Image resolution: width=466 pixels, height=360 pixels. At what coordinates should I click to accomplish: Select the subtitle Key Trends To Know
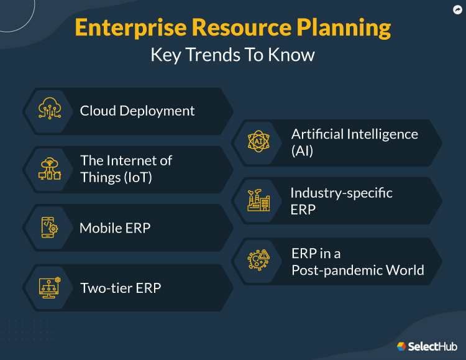(232, 55)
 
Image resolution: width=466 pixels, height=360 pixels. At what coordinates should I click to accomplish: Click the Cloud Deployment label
(137, 111)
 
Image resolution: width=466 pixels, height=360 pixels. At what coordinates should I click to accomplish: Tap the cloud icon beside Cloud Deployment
(50, 111)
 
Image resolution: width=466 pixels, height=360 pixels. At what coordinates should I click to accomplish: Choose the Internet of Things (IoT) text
(126, 168)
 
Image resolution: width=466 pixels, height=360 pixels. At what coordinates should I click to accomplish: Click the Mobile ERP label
(115, 228)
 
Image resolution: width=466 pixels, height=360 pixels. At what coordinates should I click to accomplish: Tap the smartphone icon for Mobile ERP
(50, 228)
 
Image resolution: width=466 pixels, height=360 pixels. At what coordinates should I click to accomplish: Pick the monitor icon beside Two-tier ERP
(50, 287)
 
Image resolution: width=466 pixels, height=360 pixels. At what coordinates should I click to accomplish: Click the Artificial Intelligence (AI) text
(355, 142)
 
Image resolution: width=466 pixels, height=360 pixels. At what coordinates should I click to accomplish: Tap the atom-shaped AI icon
(258, 142)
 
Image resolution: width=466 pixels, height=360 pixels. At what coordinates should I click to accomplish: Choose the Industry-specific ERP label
(341, 200)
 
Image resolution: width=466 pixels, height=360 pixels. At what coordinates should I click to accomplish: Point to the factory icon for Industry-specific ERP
(258, 200)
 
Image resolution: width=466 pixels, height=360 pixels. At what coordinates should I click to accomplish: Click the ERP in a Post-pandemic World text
(358, 261)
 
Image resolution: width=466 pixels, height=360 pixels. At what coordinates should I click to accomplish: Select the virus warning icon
(258, 260)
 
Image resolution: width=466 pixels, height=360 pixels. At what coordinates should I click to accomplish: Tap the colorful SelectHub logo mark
(401, 346)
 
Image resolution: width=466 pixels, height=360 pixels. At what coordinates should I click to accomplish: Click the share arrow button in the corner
(457, 9)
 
